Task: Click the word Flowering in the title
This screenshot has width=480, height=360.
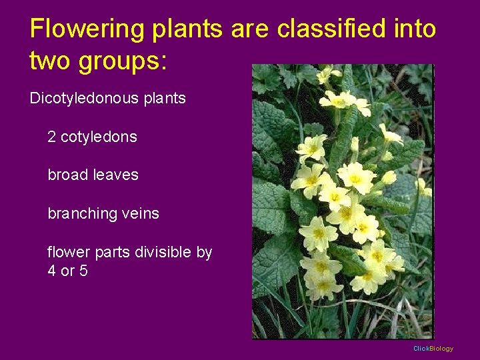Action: coord(87,29)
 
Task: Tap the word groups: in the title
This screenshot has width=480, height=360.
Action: coord(124,61)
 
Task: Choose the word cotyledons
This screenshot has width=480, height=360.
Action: coord(99,137)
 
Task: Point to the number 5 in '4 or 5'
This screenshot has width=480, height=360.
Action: coord(83,271)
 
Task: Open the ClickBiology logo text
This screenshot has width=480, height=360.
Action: coord(433,349)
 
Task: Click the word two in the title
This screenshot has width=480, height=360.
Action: coord(51,61)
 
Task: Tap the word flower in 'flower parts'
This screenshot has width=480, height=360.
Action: coord(67,253)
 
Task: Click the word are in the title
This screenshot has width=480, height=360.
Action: coord(251,29)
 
